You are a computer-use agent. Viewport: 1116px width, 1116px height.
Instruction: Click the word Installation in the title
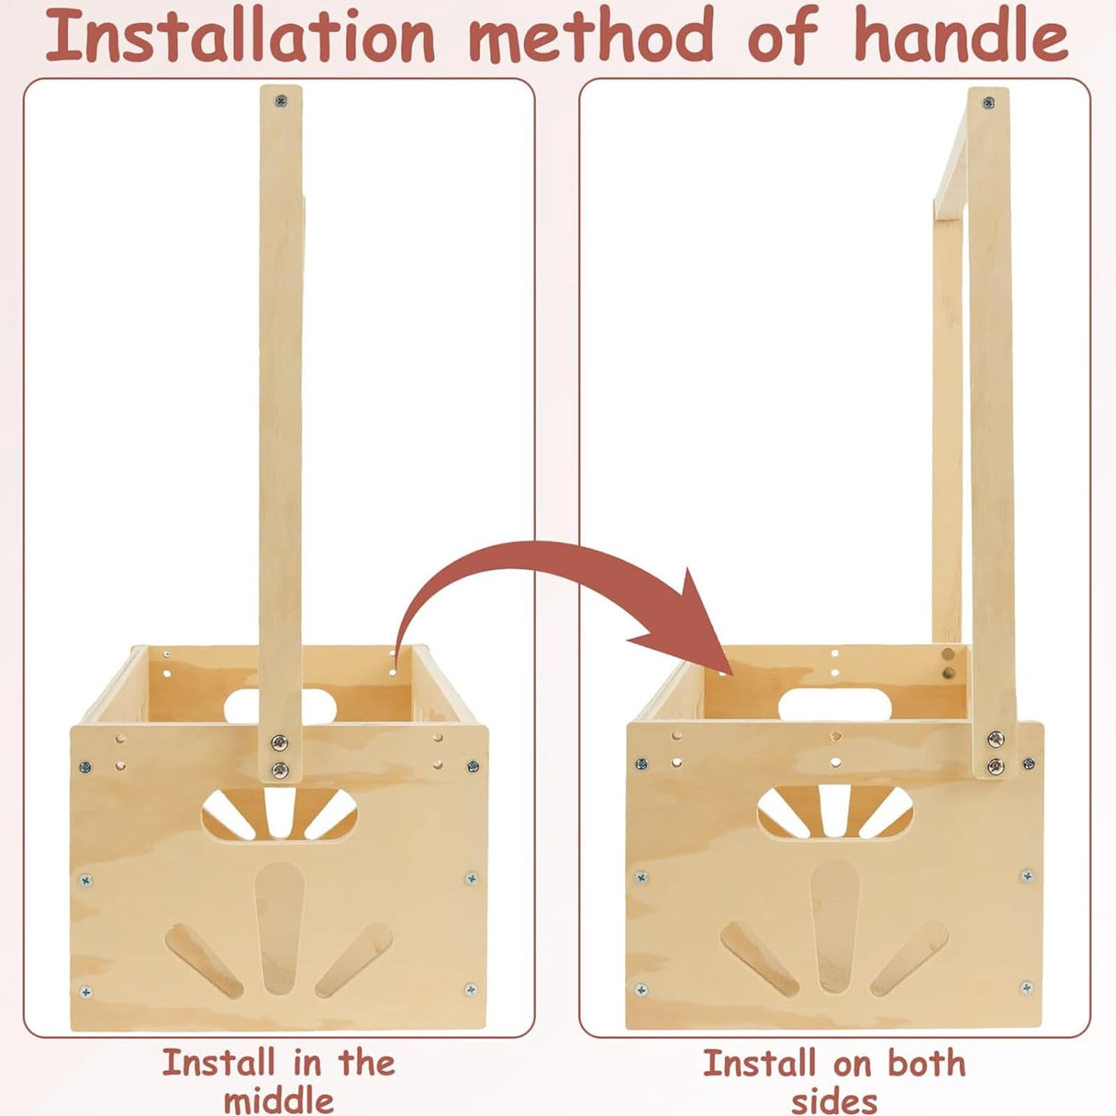(241, 35)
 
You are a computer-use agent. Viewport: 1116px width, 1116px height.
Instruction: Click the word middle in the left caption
(278, 1101)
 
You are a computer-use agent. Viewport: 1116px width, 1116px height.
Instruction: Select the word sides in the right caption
(834, 1101)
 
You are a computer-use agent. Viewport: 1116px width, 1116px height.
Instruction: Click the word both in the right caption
(926, 1063)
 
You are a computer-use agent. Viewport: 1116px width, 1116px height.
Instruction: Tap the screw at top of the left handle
(280, 101)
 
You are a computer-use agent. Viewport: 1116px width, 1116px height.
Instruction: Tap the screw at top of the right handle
(988, 103)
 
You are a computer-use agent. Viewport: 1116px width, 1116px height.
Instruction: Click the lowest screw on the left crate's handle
(280, 770)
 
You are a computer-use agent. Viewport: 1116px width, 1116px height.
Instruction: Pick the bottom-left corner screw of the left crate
(86, 991)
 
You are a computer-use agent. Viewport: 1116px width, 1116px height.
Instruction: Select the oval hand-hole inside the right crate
(834, 704)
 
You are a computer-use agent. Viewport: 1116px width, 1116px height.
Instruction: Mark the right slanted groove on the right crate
(910, 957)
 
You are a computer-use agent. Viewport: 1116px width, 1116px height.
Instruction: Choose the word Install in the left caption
(218, 1063)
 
